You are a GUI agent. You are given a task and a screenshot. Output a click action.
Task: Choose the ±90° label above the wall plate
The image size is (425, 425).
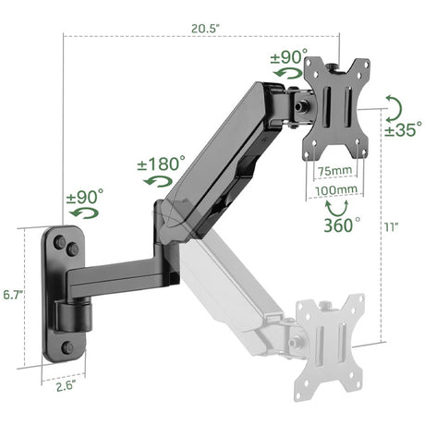(85, 197)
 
